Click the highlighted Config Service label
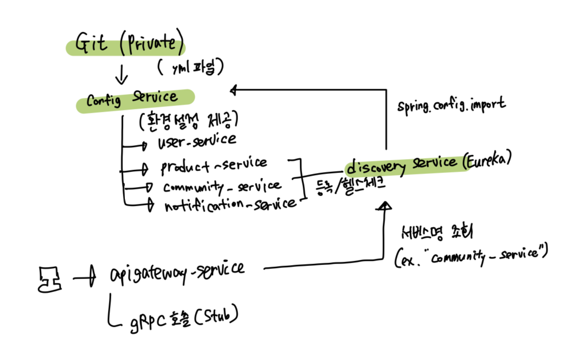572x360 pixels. (x=133, y=99)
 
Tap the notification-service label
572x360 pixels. (x=230, y=204)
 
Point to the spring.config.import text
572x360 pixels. (x=452, y=105)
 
